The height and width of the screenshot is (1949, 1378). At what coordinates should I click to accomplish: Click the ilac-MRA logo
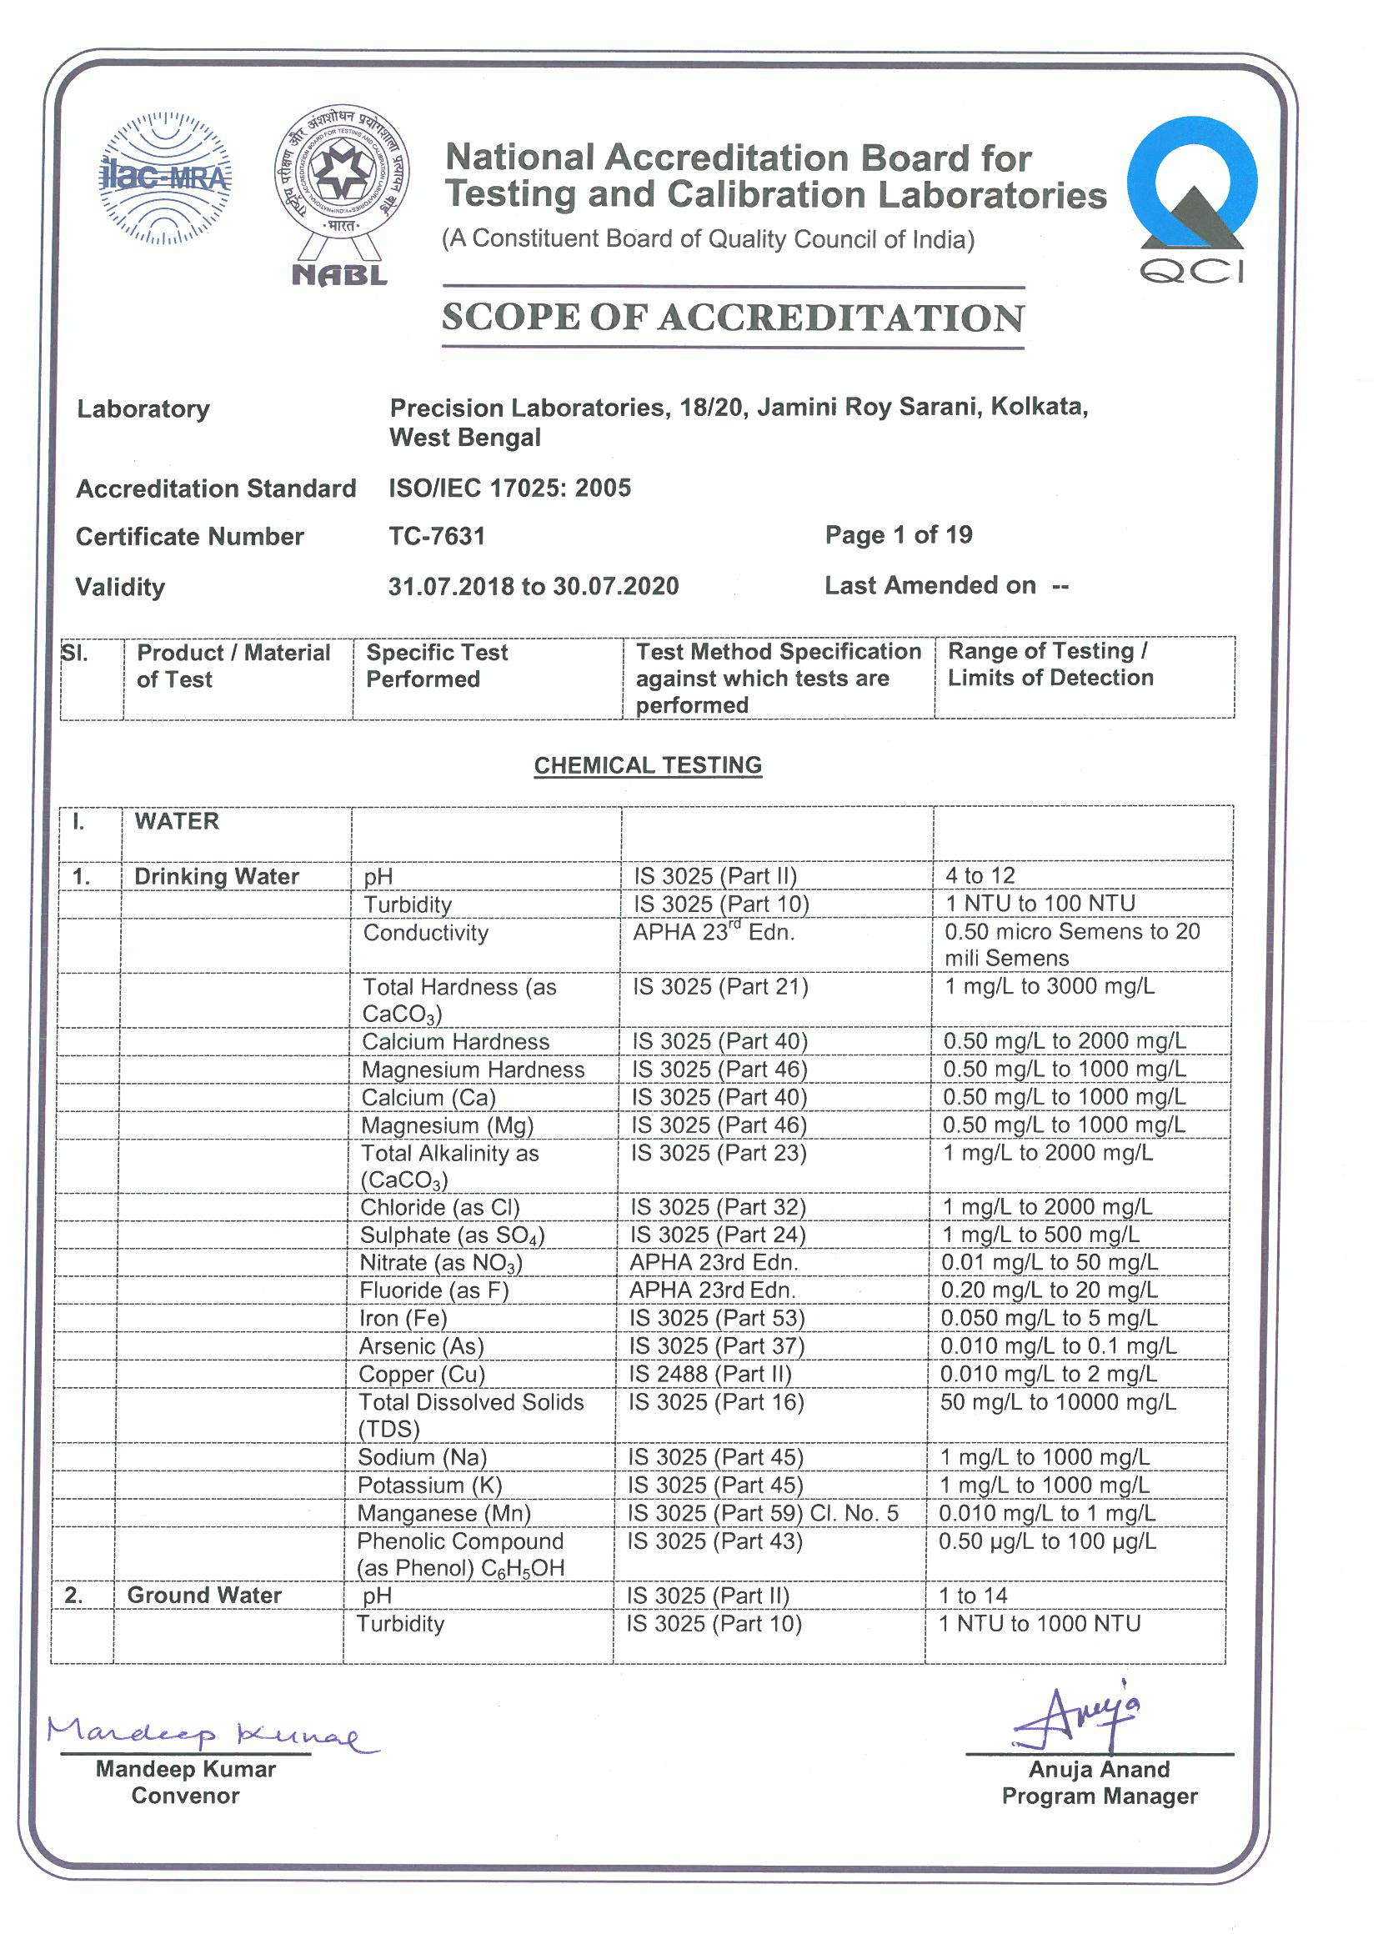(x=165, y=178)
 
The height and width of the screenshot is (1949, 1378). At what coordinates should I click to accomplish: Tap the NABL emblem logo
(x=341, y=195)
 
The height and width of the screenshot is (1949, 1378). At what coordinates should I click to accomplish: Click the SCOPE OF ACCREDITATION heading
(x=733, y=318)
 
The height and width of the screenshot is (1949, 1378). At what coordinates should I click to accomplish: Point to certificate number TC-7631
(x=437, y=537)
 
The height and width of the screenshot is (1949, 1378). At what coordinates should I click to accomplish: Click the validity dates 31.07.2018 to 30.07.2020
(x=534, y=587)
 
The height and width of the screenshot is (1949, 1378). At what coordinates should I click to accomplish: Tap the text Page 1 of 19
(x=899, y=535)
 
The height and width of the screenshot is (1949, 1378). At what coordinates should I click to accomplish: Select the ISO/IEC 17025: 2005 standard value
(x=509, y=489)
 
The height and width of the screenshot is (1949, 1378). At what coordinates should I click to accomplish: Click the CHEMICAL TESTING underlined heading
(x=648, y=765)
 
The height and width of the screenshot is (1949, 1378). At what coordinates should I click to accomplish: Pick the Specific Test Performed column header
(x=437, y=665)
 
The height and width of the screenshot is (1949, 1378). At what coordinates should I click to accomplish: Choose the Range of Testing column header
(x=1050, y=664)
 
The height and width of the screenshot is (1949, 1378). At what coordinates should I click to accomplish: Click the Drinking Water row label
(x=217, y=876)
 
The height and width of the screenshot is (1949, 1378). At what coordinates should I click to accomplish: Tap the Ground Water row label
(x=203, y=1595)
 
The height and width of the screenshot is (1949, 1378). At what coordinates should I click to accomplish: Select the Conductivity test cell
(x=425, y=933)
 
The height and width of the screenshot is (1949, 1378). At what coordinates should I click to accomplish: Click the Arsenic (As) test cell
(x=421, y=1346)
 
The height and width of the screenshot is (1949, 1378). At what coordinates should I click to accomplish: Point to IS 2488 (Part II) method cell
(x=709, y=1375)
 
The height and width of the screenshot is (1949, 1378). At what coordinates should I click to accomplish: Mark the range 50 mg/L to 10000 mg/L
(x=1057, y=1402)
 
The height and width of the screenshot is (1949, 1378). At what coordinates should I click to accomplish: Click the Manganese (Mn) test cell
(x=443, y=1514)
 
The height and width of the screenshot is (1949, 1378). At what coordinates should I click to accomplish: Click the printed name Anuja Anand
(x=1099, y=1769)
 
